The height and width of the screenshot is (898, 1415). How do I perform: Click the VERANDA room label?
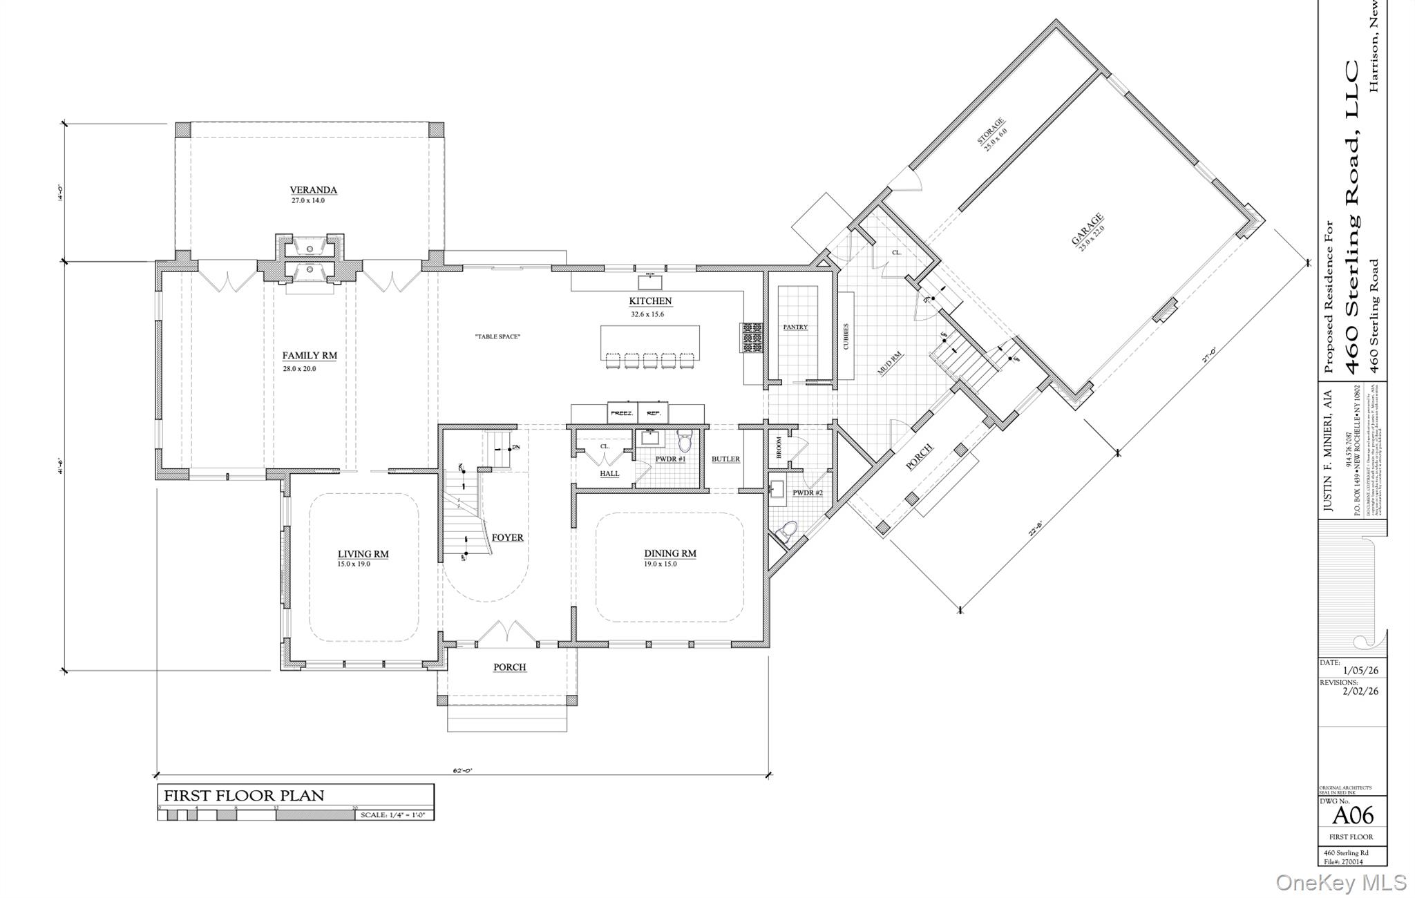pyautogui.click(x=313, y=190)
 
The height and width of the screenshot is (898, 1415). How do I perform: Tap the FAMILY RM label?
pyautogui.click(x=310, y=356)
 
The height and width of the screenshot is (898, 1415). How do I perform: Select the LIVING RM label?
pyautogui.click(x=363, y=554)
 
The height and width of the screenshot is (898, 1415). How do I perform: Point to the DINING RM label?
pyautogui.click(x=669, y=553)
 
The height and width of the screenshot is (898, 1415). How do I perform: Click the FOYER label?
pyautogui.click(x=507, y=537)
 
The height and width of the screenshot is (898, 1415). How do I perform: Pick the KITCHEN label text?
pyautogui.click(x=649, y=301)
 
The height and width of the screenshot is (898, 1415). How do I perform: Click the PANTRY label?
pyautogui.click(x=795, y=327)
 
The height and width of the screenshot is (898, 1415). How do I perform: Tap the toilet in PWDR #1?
pyautogui.click(x=685, y=440)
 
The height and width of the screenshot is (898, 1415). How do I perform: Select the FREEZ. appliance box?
pyautogui.click(x=622, y=412)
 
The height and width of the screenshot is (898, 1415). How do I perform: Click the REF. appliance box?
pyautogui.click(x=653, y=412)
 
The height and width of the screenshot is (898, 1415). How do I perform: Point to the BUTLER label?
pyautogui.click(x=725, y=459)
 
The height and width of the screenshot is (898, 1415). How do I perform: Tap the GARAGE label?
pyautogui.click(x=1087, y=229)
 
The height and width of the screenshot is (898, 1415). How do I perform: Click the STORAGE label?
pyautogui.click(x=990, y=131)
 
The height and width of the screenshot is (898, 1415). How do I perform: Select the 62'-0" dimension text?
pyautogui.click(x=463, y=770)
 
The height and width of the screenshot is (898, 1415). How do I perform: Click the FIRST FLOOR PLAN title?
pyautogui.click(x=243, y=795)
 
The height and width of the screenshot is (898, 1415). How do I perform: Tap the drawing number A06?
pyautogui.click(x=1352, y=816)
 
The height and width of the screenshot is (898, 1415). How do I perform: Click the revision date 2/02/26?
pyautogui.click(x=1360, y=691)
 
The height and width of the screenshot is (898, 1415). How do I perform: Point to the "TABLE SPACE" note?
pyautogui.click(x=497, y=336)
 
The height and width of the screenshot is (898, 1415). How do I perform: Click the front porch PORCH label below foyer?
pyautogui.click(x=509, y=667)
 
